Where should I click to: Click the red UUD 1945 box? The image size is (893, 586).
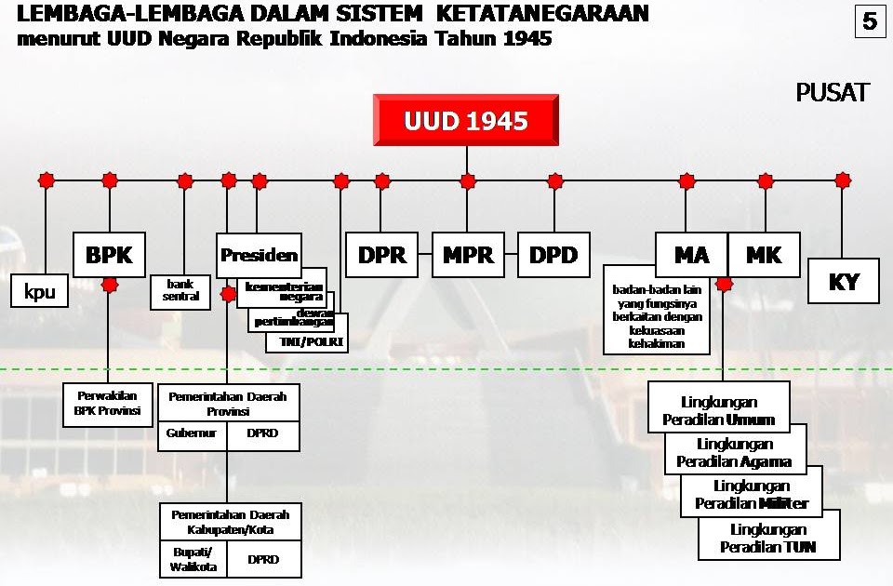tap(466, 121)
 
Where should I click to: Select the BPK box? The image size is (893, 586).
tap(110, 255)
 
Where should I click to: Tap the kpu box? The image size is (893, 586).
tap(40, 291)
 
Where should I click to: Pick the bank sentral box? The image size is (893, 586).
tap(180, 290)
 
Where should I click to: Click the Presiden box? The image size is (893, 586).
tap(259, 255)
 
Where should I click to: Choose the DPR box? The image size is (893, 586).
tap(381, 255)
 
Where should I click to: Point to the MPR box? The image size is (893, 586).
tap(468, 255)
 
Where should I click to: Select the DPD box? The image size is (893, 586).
tap(553, 255)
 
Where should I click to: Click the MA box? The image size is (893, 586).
tap(691, 255)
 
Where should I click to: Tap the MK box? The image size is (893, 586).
tap(764, 255)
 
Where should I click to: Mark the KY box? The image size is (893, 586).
tap(843, 281)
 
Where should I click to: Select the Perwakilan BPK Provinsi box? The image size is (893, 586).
tap(107, 403)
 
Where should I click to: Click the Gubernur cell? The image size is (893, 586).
tap(192, 433)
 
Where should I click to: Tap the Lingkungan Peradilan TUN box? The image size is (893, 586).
tap(768, 539)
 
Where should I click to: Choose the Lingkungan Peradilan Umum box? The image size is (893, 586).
tap(718, 410)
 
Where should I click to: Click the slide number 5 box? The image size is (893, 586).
tap(869, 21)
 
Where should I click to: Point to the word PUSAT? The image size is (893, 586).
tap(832, 93)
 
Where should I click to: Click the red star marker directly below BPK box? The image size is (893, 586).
tap(110, 285)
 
